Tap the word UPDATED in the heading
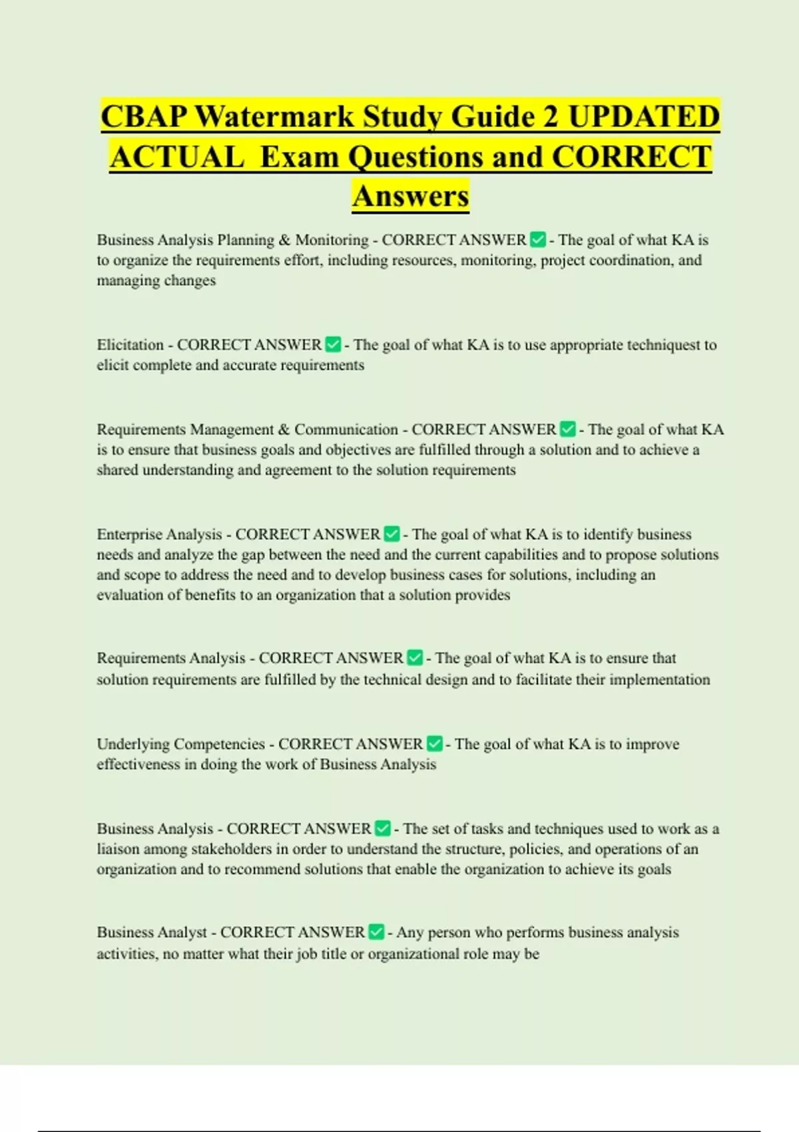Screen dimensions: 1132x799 tap(644, 117)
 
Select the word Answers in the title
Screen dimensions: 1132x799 tap(411, 196)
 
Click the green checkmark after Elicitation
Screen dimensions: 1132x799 tap(333, 345)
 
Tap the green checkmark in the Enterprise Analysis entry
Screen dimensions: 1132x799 tap(392, 534)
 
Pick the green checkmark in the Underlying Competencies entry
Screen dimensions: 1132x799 tap(435, 744)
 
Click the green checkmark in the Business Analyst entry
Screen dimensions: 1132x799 tap(376, 932)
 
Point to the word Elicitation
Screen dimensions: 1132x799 tap(130, 345)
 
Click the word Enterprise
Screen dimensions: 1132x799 tap(130, 535)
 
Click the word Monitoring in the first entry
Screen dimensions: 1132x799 tap(332, 240)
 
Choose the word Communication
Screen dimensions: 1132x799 tap(346, 429)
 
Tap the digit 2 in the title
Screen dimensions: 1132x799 tap(550, 117)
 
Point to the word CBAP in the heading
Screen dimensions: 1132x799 tap(144, 117)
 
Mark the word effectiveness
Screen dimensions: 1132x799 tap(138, 764)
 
